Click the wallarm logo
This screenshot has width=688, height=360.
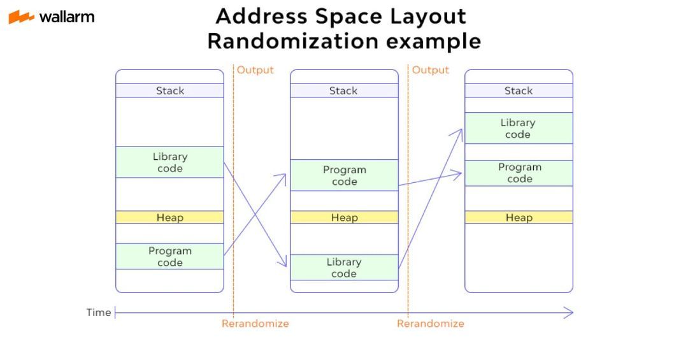point(52,17)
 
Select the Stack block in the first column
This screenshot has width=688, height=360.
point(170,90)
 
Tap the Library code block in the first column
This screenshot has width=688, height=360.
point(170,162)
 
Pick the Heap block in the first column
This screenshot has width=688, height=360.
point(170,217)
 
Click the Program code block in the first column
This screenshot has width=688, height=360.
point(170,256)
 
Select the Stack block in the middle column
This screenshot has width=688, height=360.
point(344,90)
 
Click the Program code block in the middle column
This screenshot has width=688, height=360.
point(344,175)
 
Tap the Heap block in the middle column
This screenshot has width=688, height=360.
point(344,217)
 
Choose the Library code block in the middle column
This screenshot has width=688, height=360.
point(344,268)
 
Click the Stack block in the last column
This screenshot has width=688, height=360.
point(519,90)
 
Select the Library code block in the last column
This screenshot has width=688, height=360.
point(519,128)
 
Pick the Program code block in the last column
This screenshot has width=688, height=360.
point(519,173)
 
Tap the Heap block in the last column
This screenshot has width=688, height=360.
point(519,217)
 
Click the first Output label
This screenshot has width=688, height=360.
point(255,70)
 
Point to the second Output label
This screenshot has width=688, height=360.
point(431,70)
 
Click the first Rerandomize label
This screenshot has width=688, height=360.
point(255,324)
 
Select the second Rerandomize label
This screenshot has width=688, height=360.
point(431,324)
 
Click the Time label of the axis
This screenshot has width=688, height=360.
point(99,312)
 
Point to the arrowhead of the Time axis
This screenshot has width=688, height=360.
point(569,312)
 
